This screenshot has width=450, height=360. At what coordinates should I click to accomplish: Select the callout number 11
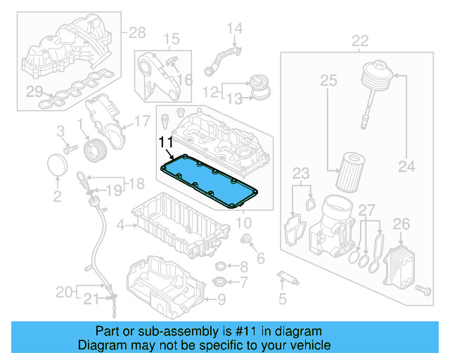165,143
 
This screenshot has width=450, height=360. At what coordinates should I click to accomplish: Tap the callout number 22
360,40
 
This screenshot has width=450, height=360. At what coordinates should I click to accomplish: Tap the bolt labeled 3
69,148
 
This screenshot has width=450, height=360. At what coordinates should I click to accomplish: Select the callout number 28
136,32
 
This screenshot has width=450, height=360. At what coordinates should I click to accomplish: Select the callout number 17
142,120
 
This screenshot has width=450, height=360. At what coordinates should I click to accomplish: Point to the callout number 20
64,291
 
